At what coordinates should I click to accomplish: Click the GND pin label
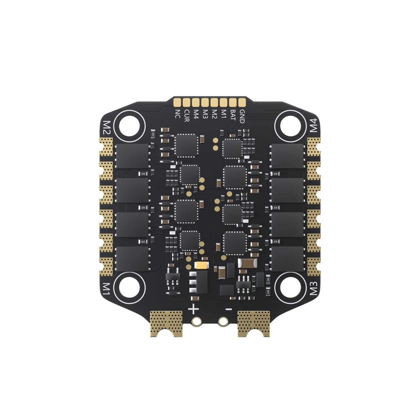[242, 116]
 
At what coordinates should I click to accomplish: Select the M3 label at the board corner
[314, 288]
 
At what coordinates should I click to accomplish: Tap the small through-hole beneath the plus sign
[197, 321]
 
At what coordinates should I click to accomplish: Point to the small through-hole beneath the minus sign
[223, 321]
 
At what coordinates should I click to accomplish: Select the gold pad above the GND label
[242, 102]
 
